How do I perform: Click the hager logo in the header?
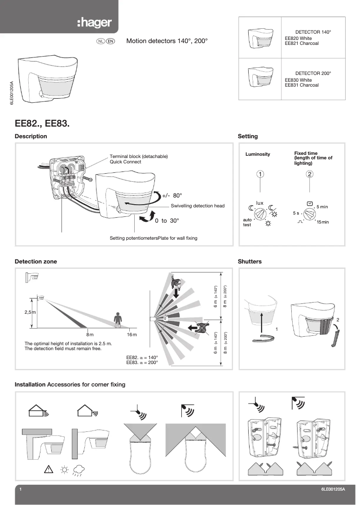(x=94, y=23)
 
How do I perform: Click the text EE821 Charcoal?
(x=302, y=44)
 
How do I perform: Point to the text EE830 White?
(x=298, y=80)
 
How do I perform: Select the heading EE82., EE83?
(x=42, y=122)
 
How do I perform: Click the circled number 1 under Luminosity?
(x=260, y=174)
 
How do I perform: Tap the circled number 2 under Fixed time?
(x=309, y=174)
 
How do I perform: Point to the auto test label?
(x=247, y=222)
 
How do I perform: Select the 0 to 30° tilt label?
(x=167, y=220)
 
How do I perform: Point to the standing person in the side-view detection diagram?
(x=118, y=320)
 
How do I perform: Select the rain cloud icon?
(x=79, y=471)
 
